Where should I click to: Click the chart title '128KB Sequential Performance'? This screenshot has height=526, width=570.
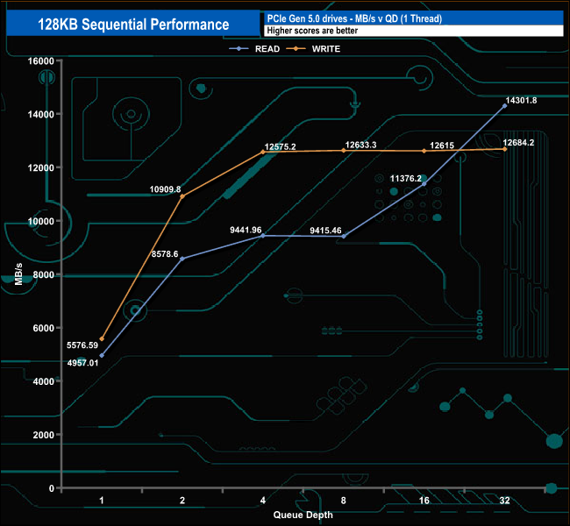coord(134,25)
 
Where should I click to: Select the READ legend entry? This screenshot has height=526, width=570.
coord(262,49)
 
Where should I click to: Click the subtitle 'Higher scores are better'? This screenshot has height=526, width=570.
coord(311,31)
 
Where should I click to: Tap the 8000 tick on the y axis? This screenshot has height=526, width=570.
coord(42,274)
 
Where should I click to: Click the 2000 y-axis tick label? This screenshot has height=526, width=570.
coord(42,435)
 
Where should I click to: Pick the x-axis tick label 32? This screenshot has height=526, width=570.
coord(504,501)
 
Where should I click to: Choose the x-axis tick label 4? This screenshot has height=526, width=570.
coord(263,501)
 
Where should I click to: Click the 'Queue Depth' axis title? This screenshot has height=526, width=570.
coord(303,515)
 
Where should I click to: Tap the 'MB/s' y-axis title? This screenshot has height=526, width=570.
coord(19,274)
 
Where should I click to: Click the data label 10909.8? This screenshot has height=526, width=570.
coord(165,188)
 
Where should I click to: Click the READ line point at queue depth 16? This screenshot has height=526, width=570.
coord(424,184)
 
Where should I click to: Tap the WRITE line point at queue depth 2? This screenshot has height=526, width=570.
coord(182,195)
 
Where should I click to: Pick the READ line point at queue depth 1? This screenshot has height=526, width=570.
coord(102,355)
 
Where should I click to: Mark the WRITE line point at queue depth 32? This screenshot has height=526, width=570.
coord(504,149)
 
